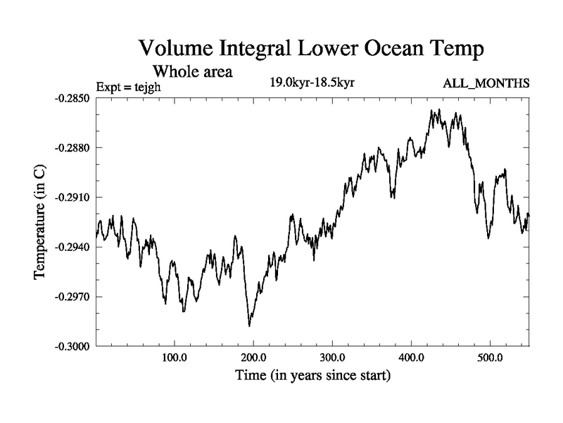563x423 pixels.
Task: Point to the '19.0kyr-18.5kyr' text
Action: pyautogui.click(x=312, y=82)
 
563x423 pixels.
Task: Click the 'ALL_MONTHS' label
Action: pyautogui.click(x=486, y=84)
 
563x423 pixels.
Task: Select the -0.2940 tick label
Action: pyautogui.click(x=72, y=247)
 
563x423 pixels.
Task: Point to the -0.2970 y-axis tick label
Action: pyautogui.click(x=72, y=297)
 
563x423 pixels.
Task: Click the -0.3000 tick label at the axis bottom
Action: pyautogui.click(x=72, y=347)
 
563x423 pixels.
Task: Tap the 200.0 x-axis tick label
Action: pyautogui.click(x=253, y=357)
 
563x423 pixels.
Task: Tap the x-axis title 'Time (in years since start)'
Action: pyautogui.click(x=312, y=376)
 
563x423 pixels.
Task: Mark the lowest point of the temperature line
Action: pyautogui.click(x=249, y=326)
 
